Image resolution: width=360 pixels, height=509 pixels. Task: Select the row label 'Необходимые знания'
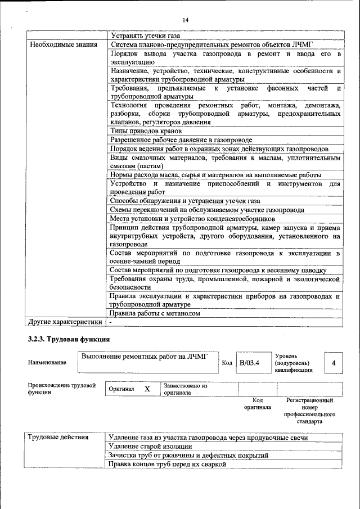(x=64, y=44)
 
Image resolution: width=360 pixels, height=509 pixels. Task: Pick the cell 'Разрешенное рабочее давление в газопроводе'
(x=181, y=139)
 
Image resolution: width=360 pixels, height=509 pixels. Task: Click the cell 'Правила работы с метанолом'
(x=155, y=313)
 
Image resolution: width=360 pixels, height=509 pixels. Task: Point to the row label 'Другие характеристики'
(x=65, y=322)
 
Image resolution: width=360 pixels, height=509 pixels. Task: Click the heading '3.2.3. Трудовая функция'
(x=68, y=340)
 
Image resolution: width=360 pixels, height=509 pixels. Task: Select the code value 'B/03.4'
(x=249, y=363)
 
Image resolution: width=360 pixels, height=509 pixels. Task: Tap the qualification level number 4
(x=334, y=363)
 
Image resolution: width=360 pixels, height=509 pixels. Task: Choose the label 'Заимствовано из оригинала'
(x=186, y=389)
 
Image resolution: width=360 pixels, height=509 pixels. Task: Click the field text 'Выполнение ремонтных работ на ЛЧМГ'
(x=145, y=356)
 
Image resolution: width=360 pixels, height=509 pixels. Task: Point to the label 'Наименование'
(x=47, y=363)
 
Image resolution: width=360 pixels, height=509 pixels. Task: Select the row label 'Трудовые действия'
(x=58, y=438)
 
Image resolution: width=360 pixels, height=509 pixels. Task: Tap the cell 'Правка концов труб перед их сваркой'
(x=167, y=464)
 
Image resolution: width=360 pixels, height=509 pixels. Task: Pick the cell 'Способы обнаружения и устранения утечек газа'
(x=184, y=201)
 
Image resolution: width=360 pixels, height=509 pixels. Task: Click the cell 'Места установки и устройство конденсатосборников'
(x=192, y=218)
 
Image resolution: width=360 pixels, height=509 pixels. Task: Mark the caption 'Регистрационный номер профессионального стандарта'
(x=309, y=411)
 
